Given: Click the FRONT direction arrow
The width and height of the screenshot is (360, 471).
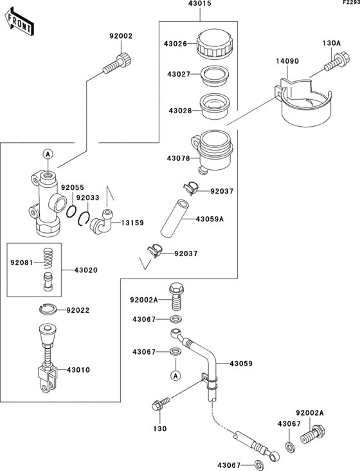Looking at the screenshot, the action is tap(19, 23).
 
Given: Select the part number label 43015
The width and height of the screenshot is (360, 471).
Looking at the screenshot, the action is tap(200, 4).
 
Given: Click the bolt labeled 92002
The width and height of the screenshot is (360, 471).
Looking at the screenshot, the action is tap(117, 64).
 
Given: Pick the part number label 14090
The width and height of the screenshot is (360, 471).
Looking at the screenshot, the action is tap(287, 61).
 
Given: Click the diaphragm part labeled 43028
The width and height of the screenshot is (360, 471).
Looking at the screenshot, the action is tap(214, 106).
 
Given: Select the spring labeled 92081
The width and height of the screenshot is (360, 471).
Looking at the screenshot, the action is tap(48, 257).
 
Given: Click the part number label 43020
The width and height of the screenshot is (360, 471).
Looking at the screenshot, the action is tap(86, 270).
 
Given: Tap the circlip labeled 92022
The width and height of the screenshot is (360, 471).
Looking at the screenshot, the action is tap(48, 309).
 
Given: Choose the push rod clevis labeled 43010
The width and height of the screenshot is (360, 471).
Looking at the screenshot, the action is tap(48, 358).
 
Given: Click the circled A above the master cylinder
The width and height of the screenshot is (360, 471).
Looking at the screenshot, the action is tap(48, 154).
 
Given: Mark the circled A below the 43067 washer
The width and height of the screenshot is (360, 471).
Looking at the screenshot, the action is tap(176, 376).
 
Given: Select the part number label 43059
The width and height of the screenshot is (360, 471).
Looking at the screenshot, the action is tap(241, 364).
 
